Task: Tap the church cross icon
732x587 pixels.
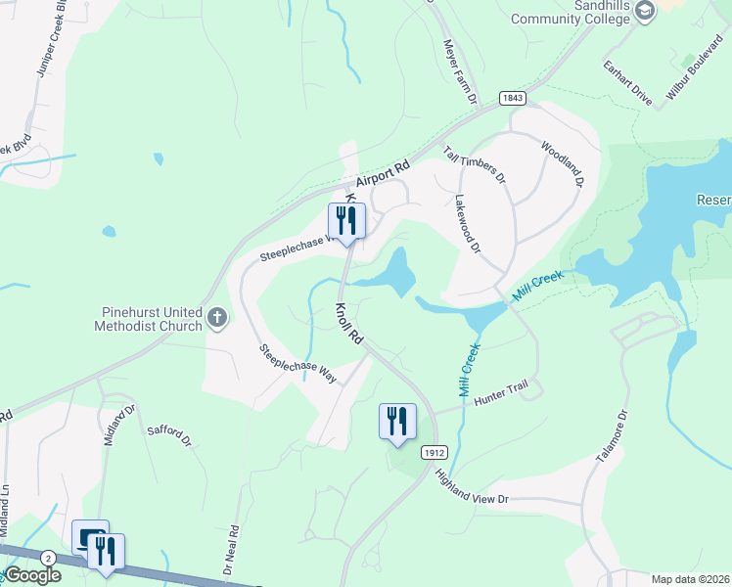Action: click(x=217, y=317)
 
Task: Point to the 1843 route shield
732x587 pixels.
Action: click(x=512, y=98)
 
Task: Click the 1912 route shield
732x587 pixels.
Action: click(x=435, y=452)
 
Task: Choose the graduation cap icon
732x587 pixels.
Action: click(x=645, y=11)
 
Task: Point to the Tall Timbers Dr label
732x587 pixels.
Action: click(x=475, y=164)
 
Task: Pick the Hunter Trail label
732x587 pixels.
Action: click(x=501, y=393)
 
